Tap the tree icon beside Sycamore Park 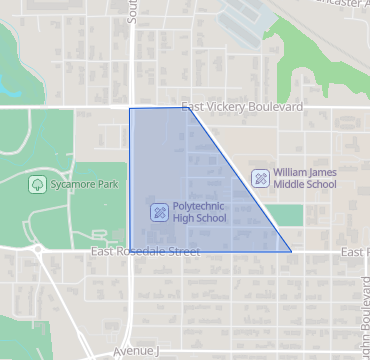coord(37,184)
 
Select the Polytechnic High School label coord(199,213)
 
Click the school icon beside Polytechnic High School coord(158,212)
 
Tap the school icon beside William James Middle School coord(260,178)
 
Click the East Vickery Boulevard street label coord(242,107)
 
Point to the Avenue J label coord(136,352)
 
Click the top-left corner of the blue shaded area coord(130,108)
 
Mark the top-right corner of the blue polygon coord(188,108)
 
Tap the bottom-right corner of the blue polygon coord(291,252)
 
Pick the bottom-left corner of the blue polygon coord(130,252)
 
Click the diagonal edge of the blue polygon coord(240,180)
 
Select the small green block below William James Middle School coord(288,215)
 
